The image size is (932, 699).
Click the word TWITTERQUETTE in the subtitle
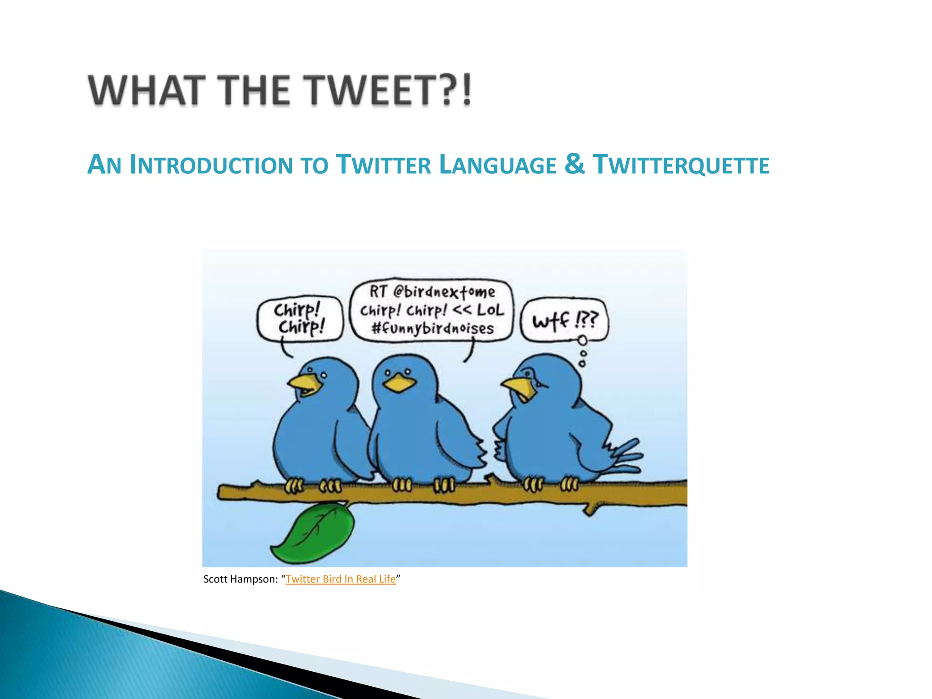(x=681, y=165)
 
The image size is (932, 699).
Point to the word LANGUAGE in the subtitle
(x=498, y=165)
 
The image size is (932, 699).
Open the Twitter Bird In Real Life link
(x=340, y=579)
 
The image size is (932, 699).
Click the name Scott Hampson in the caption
(x=240, y=579)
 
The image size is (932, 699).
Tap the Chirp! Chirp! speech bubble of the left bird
(x=299, y=319)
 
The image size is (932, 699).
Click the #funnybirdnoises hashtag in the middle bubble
(x=432, y=328)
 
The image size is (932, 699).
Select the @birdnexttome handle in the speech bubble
(x=444, y=291)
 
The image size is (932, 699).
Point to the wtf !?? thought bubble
(x=565, y=321)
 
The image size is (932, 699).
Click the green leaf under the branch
(x=314, y=532)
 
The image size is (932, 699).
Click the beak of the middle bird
(x=399, y=383)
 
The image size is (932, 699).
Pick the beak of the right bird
(x=519, y=388)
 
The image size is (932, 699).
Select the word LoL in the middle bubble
(x=491, y=310)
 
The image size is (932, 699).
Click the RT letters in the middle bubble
(x=378, y=291)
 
